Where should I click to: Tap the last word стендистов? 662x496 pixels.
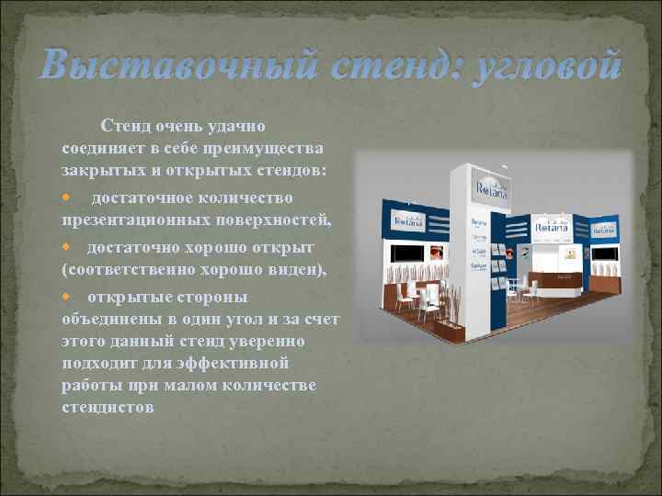pos(108,405)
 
